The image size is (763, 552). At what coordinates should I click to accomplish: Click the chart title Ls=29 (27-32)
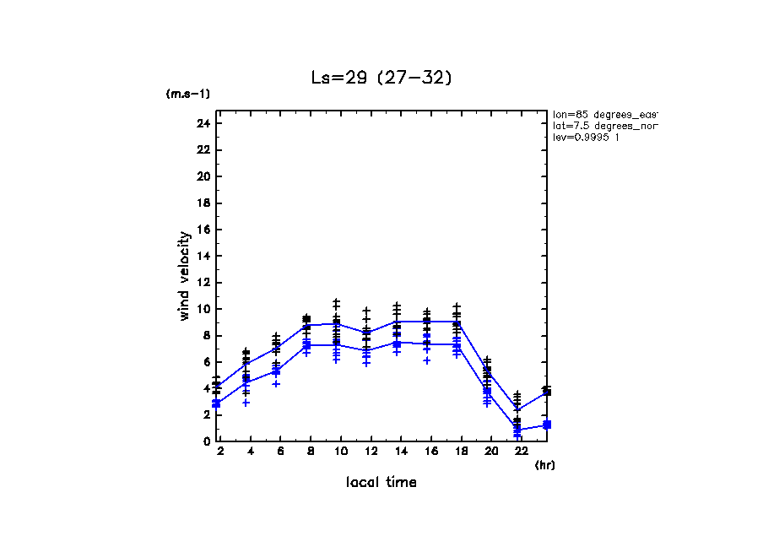point(381,78)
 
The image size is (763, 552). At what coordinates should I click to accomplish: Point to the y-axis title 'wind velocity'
point(184,276)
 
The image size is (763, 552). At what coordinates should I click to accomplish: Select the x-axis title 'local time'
point(381,482)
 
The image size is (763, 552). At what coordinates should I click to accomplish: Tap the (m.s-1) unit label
point(188,94)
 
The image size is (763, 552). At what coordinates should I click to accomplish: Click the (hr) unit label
point(544,465)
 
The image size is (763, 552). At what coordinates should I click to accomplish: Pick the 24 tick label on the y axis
point(203,123)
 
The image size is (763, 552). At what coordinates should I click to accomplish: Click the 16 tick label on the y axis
point(203,230)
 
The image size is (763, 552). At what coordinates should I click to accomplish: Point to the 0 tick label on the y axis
point(206,441)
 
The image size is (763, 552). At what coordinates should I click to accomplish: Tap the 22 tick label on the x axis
point(517,452)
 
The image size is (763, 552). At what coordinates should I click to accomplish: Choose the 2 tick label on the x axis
point(220,452)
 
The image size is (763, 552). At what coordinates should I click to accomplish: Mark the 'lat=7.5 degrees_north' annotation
point(604,126)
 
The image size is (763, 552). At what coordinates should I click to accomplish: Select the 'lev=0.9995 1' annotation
point(586,138)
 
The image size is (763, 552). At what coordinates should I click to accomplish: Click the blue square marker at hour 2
point(217,403)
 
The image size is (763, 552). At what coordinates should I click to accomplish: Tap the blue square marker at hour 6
point(276,371)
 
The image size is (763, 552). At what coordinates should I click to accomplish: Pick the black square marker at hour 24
point(547,392)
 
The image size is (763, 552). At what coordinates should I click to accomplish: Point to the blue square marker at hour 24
point(547,425)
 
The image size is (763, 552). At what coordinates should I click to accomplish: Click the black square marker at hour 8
point(306,319)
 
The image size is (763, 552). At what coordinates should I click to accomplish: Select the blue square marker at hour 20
point(487,391)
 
